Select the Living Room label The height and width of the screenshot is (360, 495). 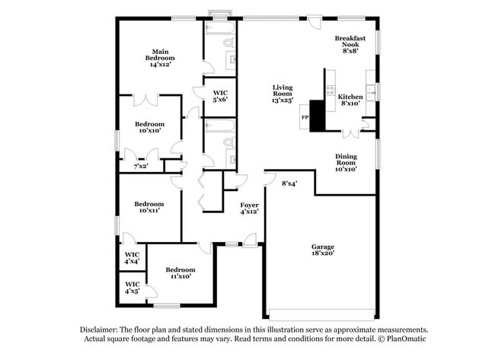coord(283,94)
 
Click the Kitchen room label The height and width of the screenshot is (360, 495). coord(350,100)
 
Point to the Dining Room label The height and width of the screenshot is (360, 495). coord(346,161)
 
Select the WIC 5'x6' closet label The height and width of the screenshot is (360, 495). coord(220,95)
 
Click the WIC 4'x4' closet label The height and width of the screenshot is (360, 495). coord(132,257)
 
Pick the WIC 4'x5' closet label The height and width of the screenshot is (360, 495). coord(132,287)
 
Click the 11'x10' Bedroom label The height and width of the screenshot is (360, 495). coord(180,273)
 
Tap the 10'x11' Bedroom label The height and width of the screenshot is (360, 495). coord(149,207)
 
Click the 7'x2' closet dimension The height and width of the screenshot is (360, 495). coord(141,166)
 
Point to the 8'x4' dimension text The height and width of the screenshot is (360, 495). coord(289,183)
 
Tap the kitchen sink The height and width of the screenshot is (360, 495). coord(371,93)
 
